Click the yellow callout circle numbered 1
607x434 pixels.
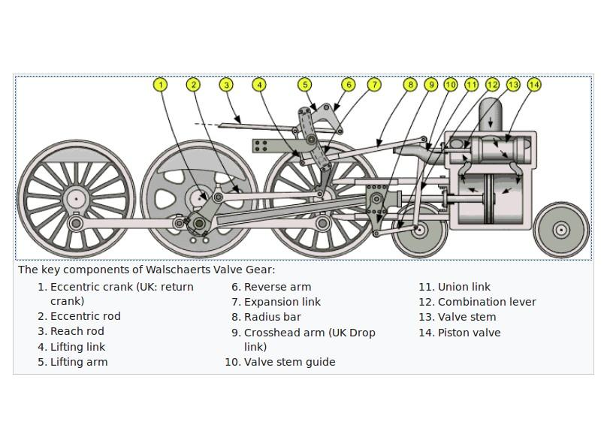click(x=160, y=85)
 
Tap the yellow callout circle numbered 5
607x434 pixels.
click(x=304, y=85)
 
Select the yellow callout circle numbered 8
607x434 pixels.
click(x=409, y=85)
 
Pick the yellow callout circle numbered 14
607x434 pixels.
click(x=533, y=85)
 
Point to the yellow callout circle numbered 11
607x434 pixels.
click(x=471, y=85)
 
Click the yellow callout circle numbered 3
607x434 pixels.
click(x=226, y=85)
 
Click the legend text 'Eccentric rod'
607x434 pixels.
click(x=85, y=316)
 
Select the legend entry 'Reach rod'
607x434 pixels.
click(x=77, y=331)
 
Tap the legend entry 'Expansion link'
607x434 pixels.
click(x=282, y=302)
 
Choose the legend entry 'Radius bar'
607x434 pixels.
click(x=272, y=317)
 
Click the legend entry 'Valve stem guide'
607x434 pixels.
click(x=289, y=362)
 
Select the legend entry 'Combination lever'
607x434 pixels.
click(x=487, y=302)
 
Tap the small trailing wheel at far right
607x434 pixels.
click(x=561, y=230)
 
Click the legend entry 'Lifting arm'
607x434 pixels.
click(x=78, y=362)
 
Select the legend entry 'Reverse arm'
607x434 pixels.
click(x=277, y=287)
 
